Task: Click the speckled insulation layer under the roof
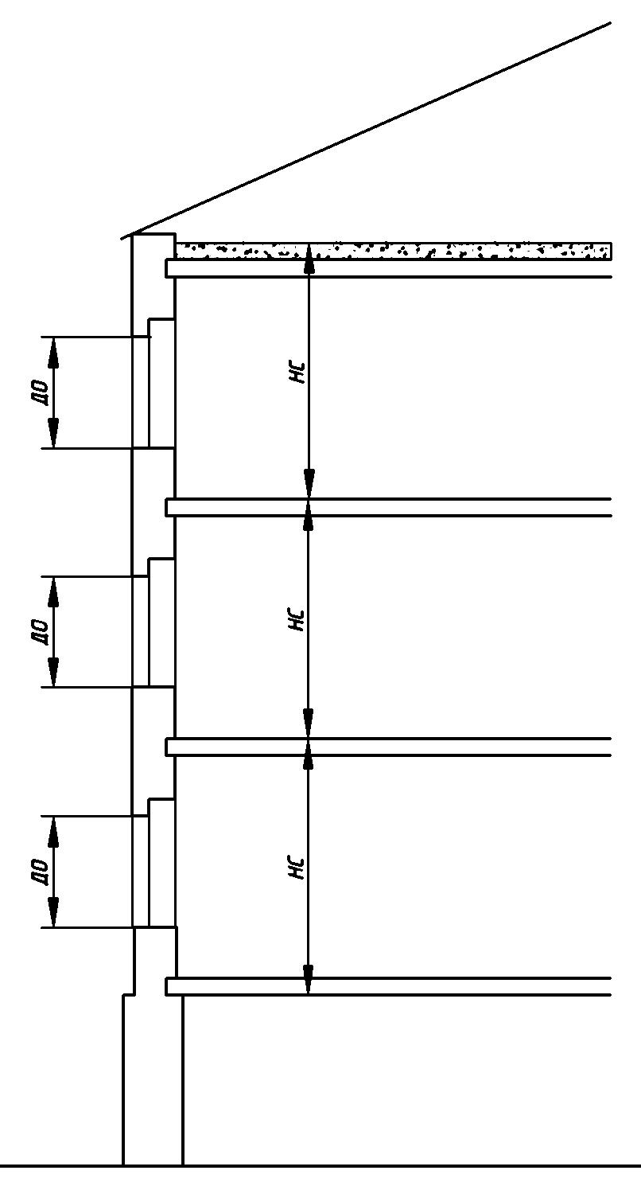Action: [x=394, y=251]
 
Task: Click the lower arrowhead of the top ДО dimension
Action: [x=53, y=432]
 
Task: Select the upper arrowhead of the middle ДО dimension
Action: [x=53, y=592]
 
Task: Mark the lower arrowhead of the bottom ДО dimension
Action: [x=53, y=911]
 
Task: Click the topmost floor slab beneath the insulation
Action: [x=389, y=268]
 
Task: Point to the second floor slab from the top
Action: [x=389, y=507]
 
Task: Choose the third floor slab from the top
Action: [x=389, y=747]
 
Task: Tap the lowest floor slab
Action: [x=389, y=986]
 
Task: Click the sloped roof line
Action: [x=366, y=131]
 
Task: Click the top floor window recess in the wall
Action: [x=161, y=384]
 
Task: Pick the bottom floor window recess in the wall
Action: [x=161, y=863]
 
